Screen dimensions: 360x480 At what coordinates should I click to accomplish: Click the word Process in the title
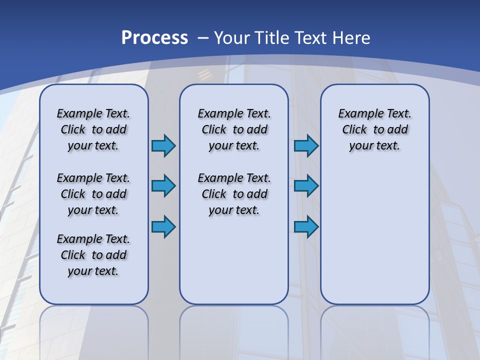tap(154, 37)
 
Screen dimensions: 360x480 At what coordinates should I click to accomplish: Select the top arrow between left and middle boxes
tap(163, 145)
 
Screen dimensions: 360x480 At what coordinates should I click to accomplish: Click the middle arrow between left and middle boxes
tap(163, 186)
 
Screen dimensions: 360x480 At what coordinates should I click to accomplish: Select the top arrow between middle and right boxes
tap(306, 145)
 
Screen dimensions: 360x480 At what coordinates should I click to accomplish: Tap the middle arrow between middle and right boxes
tap(306, 186)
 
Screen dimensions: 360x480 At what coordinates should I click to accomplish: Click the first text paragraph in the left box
tap(93, 129)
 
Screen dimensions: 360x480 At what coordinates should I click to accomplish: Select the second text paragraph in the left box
tap(93, 194)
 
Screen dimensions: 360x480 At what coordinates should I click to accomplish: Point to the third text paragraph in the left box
tap(93, 255)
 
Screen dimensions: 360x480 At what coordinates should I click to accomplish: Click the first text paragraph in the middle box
tap(234, 129)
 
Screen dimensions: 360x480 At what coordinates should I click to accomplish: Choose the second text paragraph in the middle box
tap(234, 194)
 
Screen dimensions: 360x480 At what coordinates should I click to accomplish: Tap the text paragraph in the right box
tap(375, 129)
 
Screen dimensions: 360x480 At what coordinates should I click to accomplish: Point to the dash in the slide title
tap(203, 38)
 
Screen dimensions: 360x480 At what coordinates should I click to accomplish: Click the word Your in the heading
tap(232, 38)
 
